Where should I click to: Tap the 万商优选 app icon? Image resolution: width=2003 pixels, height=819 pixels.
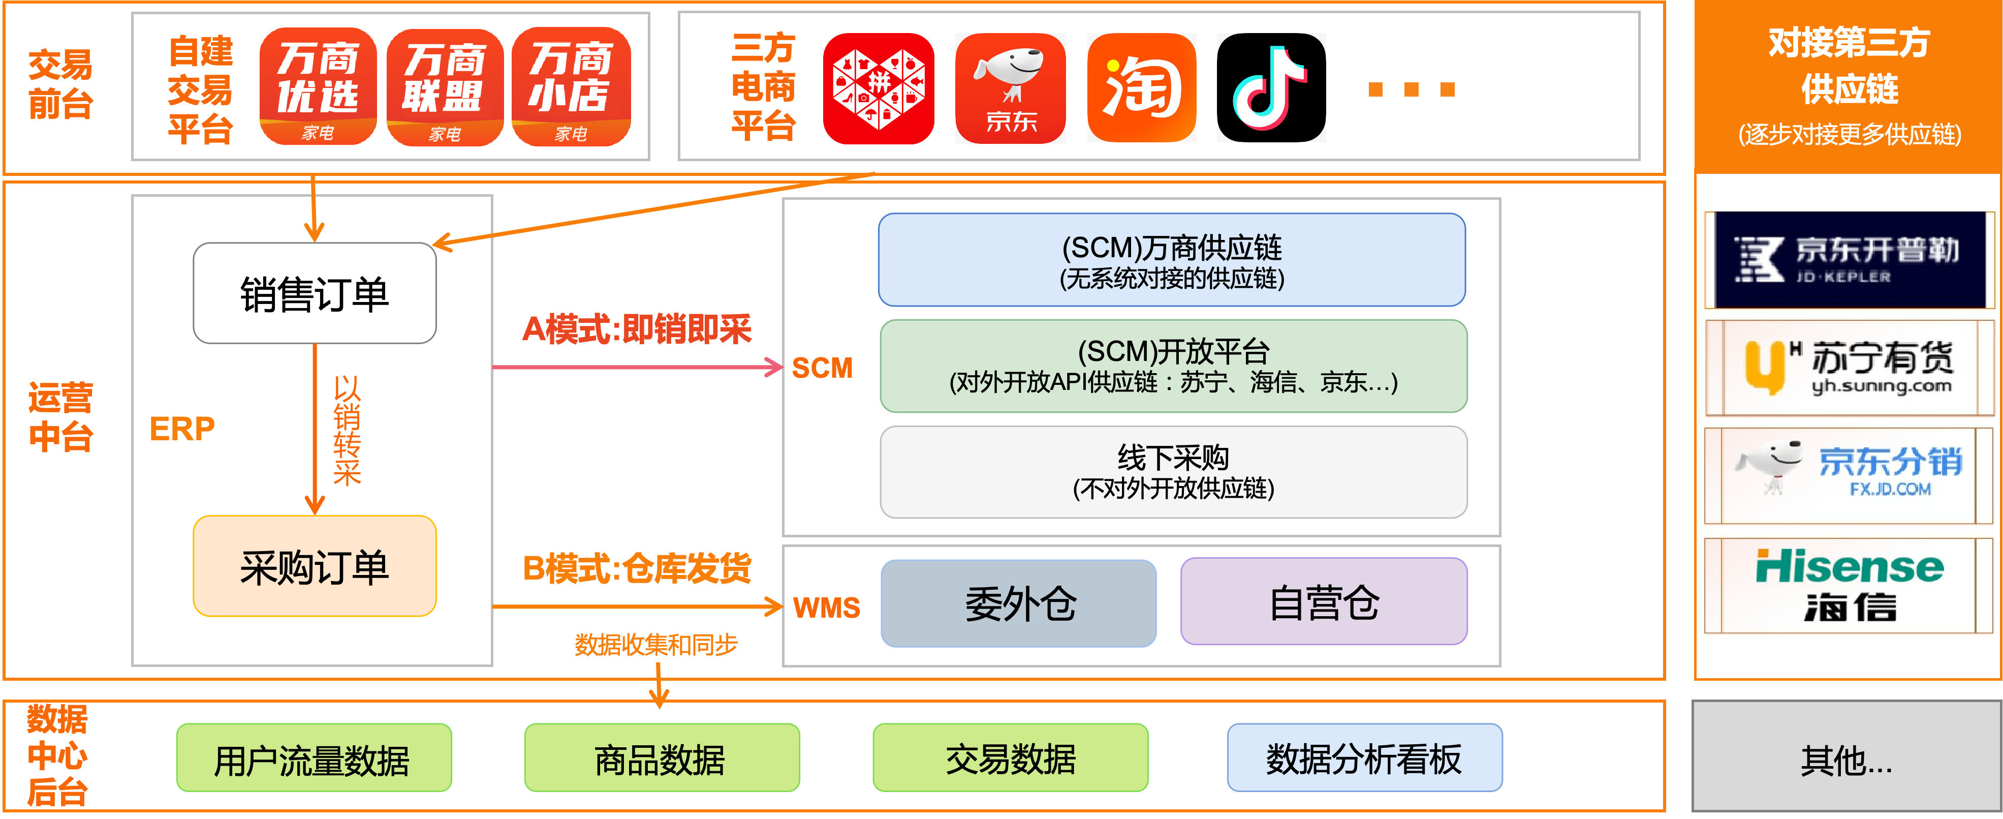point(318,86)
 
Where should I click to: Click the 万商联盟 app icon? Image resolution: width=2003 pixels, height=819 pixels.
point(445,86)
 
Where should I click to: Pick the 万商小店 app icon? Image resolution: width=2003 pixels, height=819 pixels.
point(572,86)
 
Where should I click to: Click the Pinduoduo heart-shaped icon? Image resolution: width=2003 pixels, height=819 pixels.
point(879,88)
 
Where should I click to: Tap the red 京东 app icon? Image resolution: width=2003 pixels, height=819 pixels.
point(1010,88)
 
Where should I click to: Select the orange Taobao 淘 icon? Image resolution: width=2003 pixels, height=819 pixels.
point(1141,88)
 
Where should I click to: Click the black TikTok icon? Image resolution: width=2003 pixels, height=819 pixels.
point(1271,88)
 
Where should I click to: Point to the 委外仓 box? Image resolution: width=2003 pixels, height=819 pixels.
point(1019,603)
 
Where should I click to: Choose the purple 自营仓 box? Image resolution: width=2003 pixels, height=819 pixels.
point(1324,602)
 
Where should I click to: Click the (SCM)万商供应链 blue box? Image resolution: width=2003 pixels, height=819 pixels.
point(1172,260)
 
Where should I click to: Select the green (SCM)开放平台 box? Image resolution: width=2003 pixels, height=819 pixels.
point(1173,366)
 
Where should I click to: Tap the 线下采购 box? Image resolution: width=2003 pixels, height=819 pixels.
point(1173,472)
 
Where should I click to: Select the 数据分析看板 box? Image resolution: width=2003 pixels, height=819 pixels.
point(1365,759)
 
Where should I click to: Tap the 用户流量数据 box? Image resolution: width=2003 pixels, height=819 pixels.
point(314,759)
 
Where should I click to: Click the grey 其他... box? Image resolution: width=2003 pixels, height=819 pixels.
point(1846,757)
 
